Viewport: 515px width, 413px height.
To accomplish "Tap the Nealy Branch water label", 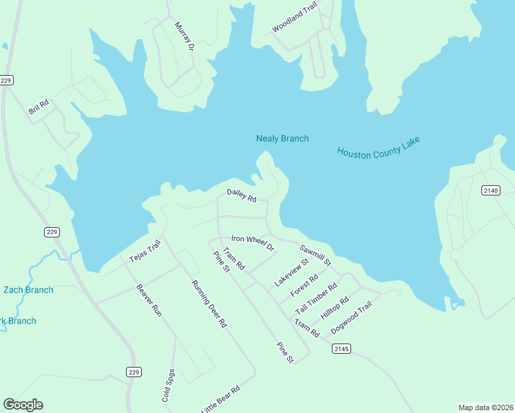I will point(282,138).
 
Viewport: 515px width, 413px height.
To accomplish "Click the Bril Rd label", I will point(39,107).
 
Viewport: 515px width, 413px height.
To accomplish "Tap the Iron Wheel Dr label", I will point(253,242).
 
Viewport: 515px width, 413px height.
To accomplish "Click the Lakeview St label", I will point(292,273).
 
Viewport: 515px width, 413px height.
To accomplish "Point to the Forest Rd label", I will point(304,286).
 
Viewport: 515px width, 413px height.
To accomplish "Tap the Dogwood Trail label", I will point(351,317).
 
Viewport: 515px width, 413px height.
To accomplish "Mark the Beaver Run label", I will point(149,300).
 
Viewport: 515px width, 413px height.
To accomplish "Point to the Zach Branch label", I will point(28,290).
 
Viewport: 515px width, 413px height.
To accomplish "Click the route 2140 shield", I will point(490,190).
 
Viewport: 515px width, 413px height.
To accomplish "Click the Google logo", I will point(23,404).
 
